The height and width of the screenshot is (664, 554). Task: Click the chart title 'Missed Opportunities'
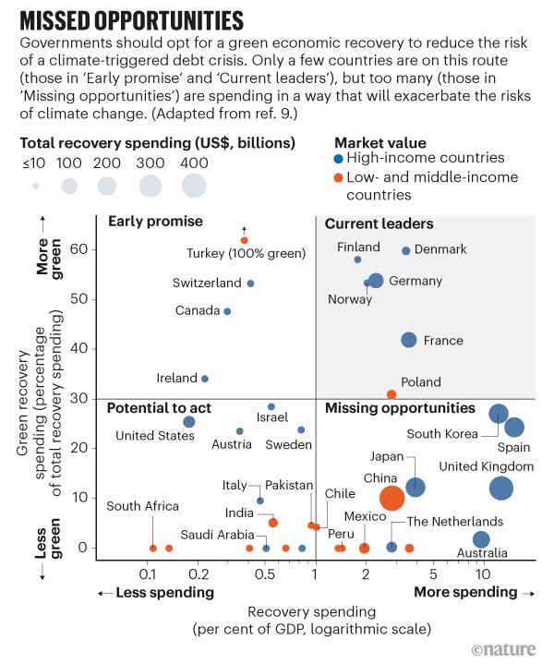[x=129, y=19]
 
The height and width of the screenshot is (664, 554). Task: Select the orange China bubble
[x=392, y=499]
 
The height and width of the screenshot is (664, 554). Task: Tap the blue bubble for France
[x=409, y=341]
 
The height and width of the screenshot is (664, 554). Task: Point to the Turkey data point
[x=244, y=240]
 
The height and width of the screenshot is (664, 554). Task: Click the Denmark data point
[x=406, y=250]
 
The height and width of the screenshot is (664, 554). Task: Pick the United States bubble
[x=189, y=422]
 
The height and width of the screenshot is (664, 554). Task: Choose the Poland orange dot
[x=391, y=394]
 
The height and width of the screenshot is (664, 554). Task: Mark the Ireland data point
[x=205, y=379]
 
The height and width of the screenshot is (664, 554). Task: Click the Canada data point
[x=227, y=311]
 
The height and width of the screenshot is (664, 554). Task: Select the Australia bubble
[x=481, y=539]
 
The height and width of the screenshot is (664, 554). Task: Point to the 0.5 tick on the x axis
[x=265, y=572]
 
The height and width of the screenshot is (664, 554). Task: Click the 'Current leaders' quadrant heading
[x=379, y=223]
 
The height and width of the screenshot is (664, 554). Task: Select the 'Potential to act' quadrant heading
[x=159, y=407]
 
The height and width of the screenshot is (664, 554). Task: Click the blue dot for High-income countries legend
[x=340, y=159]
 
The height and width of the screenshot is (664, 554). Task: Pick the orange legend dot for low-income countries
[x=340, y=177]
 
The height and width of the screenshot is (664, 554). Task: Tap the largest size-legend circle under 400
[x=193, y=186]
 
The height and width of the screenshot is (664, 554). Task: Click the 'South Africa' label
[x=142, y=505]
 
